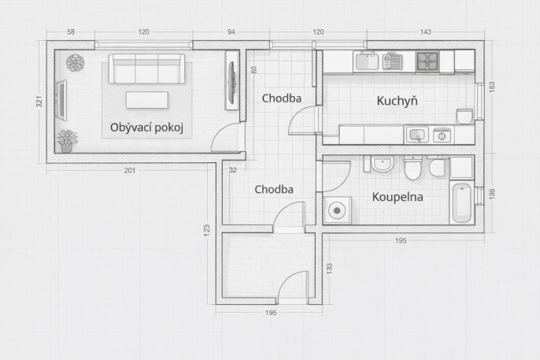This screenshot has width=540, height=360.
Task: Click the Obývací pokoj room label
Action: point(146,128)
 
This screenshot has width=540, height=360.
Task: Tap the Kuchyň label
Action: point(397,101)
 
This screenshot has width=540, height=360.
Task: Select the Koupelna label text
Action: point(398,197)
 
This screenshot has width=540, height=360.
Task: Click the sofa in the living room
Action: point(146,69)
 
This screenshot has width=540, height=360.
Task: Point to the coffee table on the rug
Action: point(147,100)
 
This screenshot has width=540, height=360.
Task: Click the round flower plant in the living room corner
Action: point(75,63)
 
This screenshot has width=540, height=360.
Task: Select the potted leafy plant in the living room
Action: point(67,140)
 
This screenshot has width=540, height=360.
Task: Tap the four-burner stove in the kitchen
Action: point(427,61)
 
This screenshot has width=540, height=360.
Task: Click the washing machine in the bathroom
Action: point(337,210)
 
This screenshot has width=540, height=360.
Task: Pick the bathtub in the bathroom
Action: point(461,202)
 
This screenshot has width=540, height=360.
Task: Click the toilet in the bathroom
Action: point(412,168)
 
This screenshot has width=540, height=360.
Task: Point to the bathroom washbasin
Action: point(382,164)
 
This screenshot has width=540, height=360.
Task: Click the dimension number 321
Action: point(39,102)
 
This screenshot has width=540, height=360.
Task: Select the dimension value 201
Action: point(130,170)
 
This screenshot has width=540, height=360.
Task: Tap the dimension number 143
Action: point(425,32)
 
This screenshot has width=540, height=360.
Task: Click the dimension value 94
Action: point(231,32)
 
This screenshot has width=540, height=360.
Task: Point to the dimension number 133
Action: point(329,269)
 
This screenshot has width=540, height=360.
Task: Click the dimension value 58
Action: point(71,32)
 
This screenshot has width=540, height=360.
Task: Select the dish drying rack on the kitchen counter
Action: point(392,61)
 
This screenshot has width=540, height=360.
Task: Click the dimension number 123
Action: point(206,231)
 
